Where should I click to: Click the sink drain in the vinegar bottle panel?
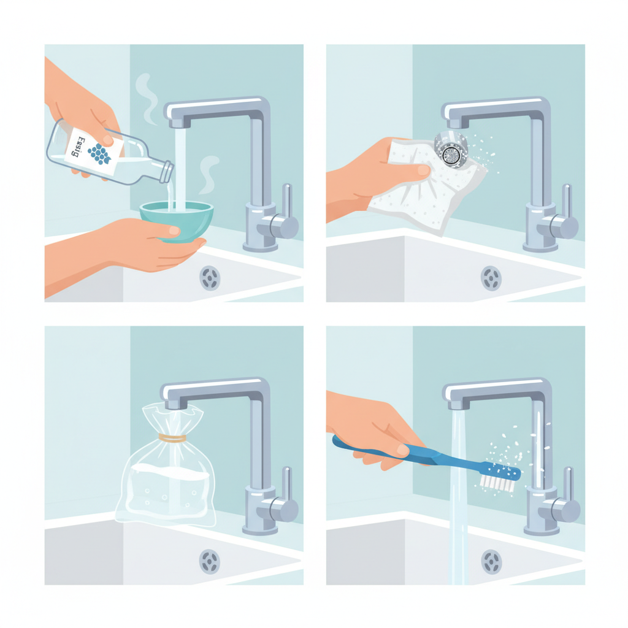pos(210,278)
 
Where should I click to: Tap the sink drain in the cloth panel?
pos(491,278)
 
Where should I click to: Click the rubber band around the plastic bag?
pos(172,438)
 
